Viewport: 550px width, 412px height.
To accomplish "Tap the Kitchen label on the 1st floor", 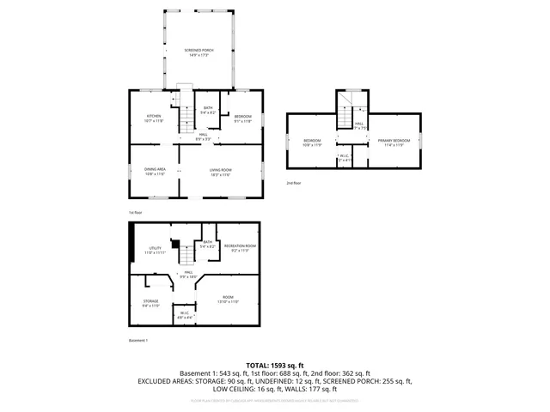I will [x=154, y=118].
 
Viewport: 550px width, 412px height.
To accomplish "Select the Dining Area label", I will [x=154, y=172].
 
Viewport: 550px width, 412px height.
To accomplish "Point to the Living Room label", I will [x=220, y=172].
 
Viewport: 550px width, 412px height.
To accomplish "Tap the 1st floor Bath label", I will [x=208, y=110].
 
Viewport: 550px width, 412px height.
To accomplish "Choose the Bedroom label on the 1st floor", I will [x=243, y=118].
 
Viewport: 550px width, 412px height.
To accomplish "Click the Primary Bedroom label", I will [x=394, y=142].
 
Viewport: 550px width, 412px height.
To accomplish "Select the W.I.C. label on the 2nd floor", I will [x=345, y=158].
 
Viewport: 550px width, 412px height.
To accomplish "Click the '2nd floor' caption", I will [x=294, y=183].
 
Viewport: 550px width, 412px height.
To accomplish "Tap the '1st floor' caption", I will [x=135, y=212].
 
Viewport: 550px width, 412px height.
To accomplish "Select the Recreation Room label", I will [x=241, y=248].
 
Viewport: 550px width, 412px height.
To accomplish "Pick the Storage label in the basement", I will [x=150, y=303].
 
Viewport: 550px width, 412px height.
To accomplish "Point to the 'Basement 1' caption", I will [x=138, y=340].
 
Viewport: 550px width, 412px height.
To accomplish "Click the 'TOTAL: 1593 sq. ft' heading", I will [x=274, y=365].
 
